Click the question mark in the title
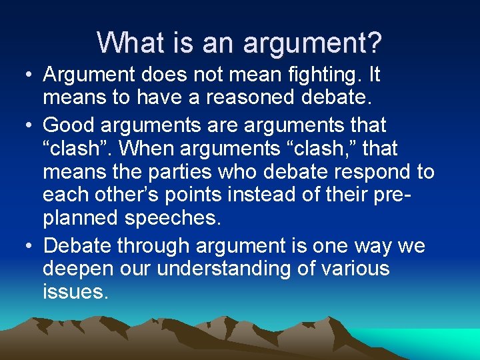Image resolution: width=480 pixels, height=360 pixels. tap(375, 43)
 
